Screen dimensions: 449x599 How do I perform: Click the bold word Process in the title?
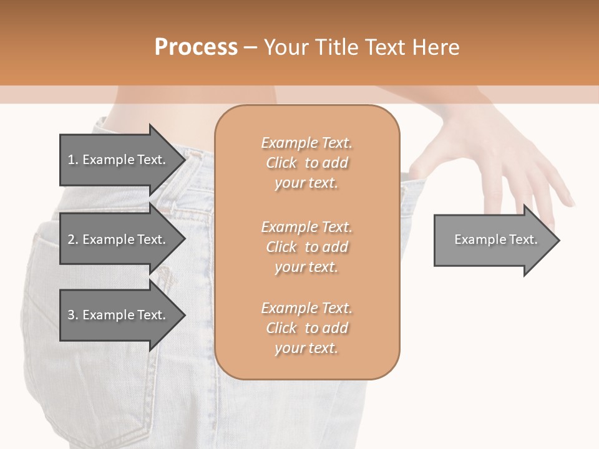click(x=196, y=47)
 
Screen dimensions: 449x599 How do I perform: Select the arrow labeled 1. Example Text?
click(x=119, y=160)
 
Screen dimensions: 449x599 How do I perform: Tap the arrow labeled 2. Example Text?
click(x=119, y=239)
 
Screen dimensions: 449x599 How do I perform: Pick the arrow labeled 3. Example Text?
click(x=119, y=315)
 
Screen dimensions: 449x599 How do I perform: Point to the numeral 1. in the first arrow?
click(x=72, y=160)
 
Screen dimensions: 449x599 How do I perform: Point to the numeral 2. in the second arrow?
click(x=72, y=239)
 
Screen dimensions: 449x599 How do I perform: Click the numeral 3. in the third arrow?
click(x=72, y=315)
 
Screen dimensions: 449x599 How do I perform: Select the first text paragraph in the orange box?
click(x=307, y=163)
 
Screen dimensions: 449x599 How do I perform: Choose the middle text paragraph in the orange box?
click(x=307, y=246)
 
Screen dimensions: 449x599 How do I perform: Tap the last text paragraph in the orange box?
click(x=307, y=328)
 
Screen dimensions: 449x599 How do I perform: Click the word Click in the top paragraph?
click(x=281, y=163)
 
